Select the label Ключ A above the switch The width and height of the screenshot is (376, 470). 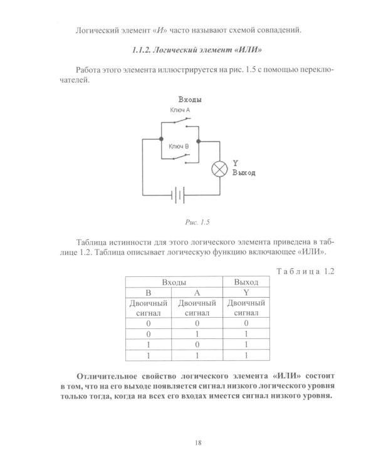coord(179,110)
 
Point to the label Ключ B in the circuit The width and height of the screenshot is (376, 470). coord(179,145)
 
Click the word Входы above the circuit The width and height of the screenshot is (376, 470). coord(189,100)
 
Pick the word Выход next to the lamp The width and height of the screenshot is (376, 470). coord(244,172)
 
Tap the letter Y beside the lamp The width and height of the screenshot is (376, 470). coord(236,163)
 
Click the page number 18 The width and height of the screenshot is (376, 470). coord(197,443)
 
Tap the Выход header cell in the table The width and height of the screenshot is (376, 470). coord(246,283)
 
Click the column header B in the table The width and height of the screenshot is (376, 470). coord(149,293)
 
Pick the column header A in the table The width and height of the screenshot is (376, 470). coord(197,293)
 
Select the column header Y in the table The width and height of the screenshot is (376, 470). coord(246,293)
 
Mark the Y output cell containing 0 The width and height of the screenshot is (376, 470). coord(246,323)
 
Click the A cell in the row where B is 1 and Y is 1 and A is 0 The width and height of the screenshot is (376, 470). coord(197,345)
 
